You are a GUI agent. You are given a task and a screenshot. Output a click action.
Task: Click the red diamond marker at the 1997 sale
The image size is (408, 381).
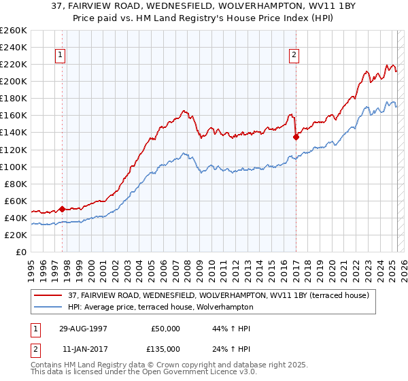[62, 209]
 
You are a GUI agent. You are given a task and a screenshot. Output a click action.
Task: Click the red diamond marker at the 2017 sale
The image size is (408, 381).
[296, 137]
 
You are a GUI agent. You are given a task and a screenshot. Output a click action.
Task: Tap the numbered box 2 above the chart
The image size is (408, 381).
[294, 56]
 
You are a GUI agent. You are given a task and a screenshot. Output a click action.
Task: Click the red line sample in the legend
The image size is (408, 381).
[49, 295]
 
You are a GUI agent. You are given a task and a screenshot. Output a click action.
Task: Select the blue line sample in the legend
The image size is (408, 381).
[49, 307]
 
